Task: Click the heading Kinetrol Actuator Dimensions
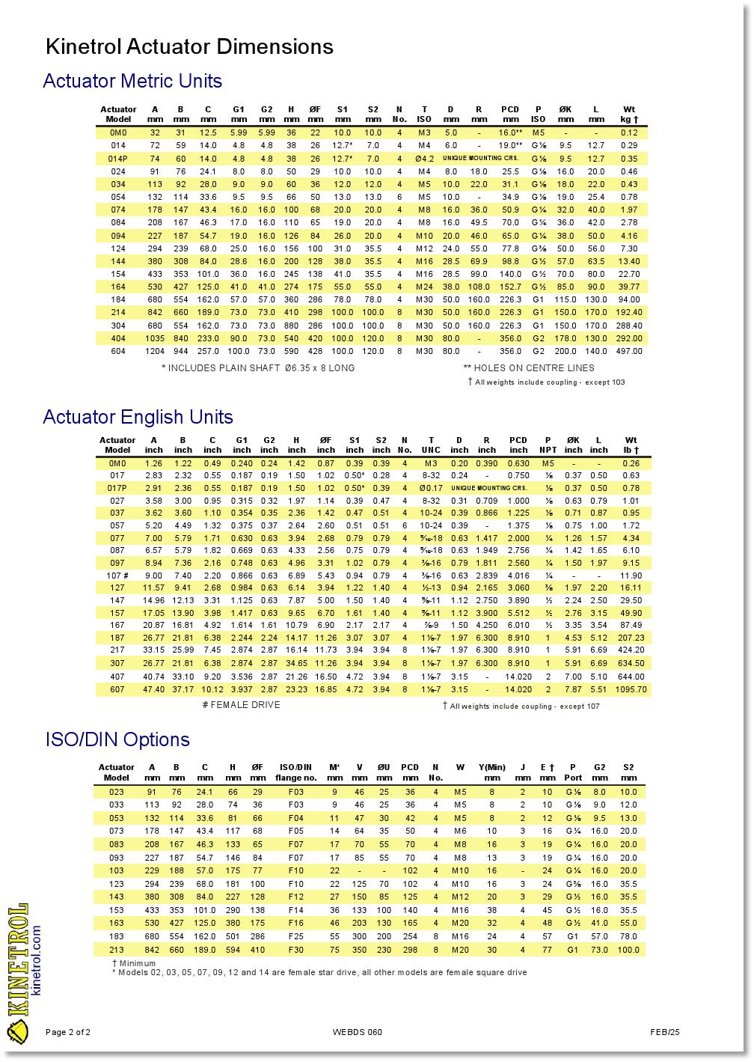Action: tap(189, 47)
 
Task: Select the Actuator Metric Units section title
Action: tap(132, 81)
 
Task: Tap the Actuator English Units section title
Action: tap(138, 417)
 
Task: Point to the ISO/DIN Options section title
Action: tap(117, 739)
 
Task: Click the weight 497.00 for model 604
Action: tap(629, 351)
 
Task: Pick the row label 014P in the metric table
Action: tap(118, 159)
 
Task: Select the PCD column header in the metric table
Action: tap(510, 114)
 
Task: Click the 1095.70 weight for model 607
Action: tap(631, 689)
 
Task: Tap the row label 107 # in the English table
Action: tap(117, 576)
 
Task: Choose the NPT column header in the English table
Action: tap(548, 445)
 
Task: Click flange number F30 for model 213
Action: tap(296, 950)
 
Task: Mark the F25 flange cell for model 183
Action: tap(296, 936)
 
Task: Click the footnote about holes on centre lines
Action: tap(529, 368)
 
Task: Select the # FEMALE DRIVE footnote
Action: tap(241, 705)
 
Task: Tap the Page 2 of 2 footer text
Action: tap(68, 1032)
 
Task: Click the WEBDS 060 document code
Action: tap(358, 1032)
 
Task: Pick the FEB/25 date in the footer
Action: tap(665, 1032)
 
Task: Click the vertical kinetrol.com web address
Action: tap(36, 959)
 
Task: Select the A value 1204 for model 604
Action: tap(155, 351)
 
